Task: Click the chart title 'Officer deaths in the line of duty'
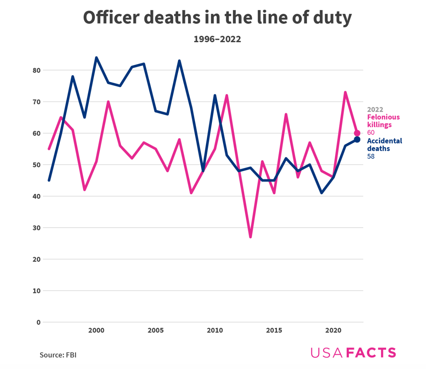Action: tap(217, 18)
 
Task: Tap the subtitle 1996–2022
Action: tap(217, 39)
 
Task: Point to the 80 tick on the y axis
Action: tap(36, 70)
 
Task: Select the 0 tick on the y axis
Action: tap(38, 322)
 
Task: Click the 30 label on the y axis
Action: tap(36, 228)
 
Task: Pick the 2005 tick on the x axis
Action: tap(156, 331)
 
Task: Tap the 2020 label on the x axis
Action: tap(333, 331)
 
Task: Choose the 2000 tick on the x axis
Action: tap(96, 331)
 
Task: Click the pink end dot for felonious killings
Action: tap(357, 133)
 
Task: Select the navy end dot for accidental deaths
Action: tap(357, 140)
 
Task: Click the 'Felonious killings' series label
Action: tap(383, 121)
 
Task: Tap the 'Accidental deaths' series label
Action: tap(384, 145)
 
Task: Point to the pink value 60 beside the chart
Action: tap(371, 133)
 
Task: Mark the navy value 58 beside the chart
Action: tap(371, 157)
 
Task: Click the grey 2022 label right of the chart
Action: tap(375, 110)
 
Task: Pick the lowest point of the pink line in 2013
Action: tap(250, 237)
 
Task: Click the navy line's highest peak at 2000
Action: tap(96, 58)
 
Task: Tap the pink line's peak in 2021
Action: tap(345, 92)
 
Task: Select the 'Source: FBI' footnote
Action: tap(58, 355)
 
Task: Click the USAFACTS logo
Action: tap(353, 353)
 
